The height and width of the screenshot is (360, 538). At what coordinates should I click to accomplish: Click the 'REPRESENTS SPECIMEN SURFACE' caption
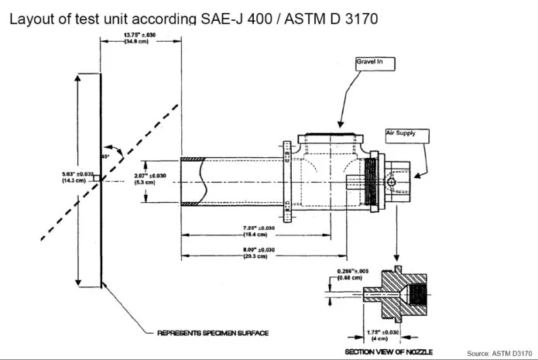(x=213, y=333)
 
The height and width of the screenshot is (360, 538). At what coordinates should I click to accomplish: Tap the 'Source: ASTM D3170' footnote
(x=500, y=352)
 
